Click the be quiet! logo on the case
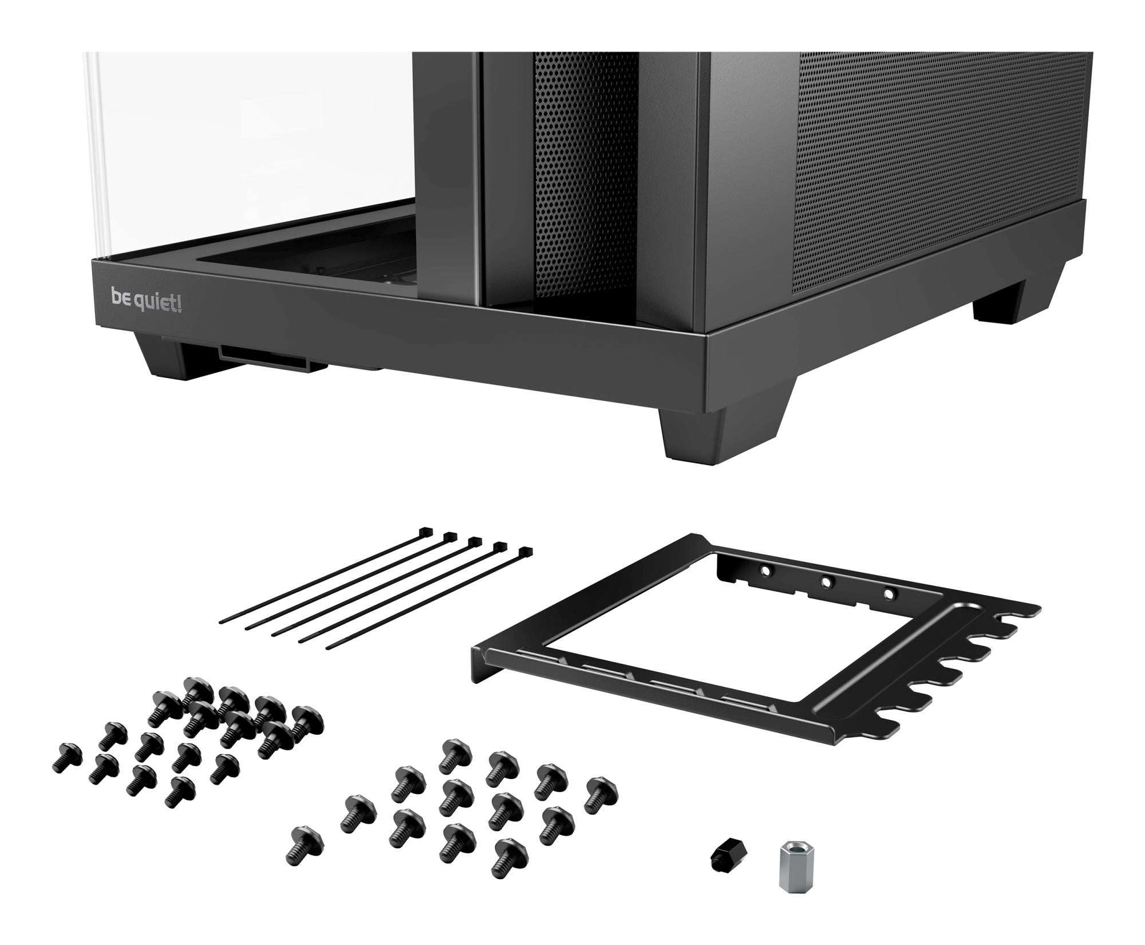tap(147, 301)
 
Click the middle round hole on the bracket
tap(826, 582)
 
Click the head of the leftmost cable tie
tap(425, 531)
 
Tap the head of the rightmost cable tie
tap(524, 553)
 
